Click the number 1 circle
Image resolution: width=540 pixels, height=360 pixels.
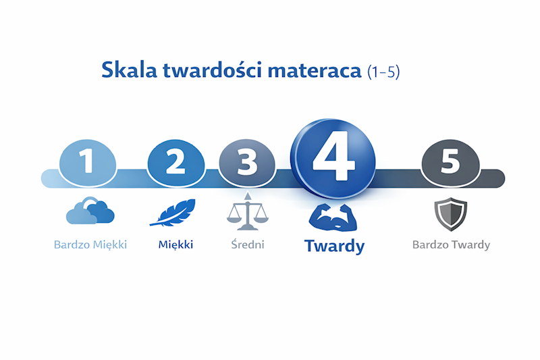(x=87, y=161)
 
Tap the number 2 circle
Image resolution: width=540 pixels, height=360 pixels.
(x=175, y=161)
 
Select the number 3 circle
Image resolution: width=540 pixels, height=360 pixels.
(x=247, y=162)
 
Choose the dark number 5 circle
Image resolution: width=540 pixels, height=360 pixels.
(x=450, y=162)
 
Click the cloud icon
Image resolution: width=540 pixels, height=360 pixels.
(x=90, y=211)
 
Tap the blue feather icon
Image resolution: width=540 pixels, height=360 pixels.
(x=173, y=213)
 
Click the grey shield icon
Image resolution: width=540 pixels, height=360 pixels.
(x=450, y=214)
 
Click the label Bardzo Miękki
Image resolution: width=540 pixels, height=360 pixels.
(x=90, y=245)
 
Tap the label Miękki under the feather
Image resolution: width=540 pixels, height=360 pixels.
(x=175, y=245)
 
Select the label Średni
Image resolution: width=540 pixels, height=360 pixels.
(x=246, y=244)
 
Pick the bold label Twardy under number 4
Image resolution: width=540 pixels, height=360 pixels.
(x=334, y=246)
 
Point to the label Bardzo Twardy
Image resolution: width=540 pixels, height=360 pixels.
(x=451, y=245)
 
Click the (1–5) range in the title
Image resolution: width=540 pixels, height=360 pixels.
(x=383, y=72)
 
